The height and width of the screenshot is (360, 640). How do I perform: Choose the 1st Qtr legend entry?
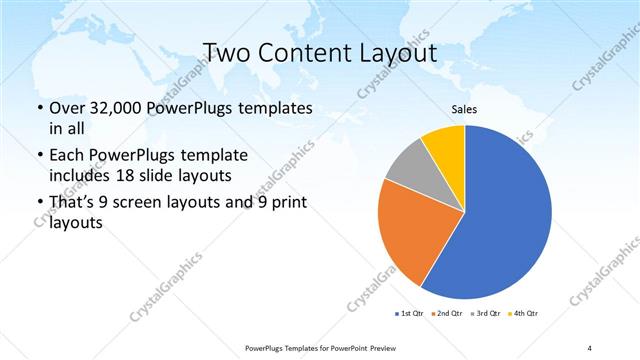(x=412, y=314)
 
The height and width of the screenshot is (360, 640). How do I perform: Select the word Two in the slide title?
(x=224, y=52)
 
